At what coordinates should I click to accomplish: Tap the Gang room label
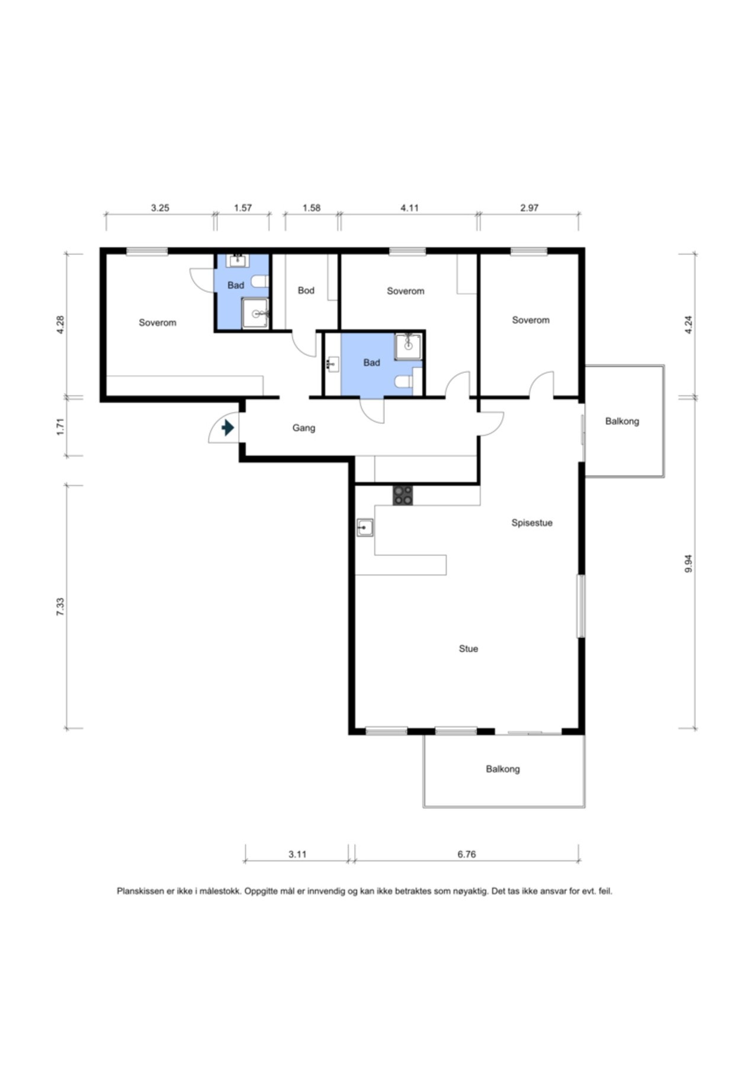click(x=304, y=428)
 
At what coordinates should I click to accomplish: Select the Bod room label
click(x=306, y=290)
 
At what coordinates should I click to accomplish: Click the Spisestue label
click(x=532, y=523)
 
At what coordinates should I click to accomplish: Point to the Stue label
click(x=469, y=649)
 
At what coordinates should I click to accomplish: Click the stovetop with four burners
click(x=403, y=495)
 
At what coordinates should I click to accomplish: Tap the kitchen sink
click(x=365, y=527)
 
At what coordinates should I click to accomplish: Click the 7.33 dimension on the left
click(x=60, y=606)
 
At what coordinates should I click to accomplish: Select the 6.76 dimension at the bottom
click(x=467, y=854)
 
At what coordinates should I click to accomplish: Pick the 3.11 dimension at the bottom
click(x=297, y=854)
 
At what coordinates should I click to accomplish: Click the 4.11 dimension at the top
click(x=409, y=208)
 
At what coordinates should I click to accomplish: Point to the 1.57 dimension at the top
click(x=243, y=208)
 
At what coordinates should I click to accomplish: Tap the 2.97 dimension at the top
click(x=530, y=208)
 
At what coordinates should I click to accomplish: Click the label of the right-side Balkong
click(x=622, y=421)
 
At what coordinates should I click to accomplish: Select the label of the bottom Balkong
click(x=503, y=769)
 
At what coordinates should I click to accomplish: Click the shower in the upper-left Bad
click(x=256, y=313)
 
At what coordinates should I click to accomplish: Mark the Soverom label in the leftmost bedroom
click(x=158, y=323)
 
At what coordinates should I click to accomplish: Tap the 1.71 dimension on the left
click(x=60, y=427)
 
